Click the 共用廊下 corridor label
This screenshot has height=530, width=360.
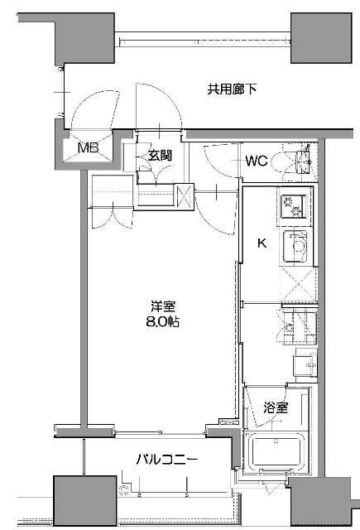click(x=232, y=89)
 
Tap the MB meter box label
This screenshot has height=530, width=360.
click(x=89, y=147)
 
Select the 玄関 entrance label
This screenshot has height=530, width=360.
click(x=161, y=155)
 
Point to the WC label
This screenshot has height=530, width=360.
click(x=257, y=161)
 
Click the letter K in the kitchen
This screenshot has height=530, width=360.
click(x=262, y=243)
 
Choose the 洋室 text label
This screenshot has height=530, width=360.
click(x=163, y=307)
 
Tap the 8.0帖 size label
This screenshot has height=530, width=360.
click(x=162, y=321)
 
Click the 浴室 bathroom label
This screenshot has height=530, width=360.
click(x=276, y=407)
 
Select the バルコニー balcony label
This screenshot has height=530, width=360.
click(x=166, y=460)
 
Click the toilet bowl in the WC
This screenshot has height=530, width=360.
click(x=285, y=161)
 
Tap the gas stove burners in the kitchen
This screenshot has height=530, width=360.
click(x=292, y=206)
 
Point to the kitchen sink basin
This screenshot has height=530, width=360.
click(x=295, y=246)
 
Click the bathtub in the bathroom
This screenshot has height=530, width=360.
click(x=276, y=451)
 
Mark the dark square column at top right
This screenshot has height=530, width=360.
click(x=321, y=38)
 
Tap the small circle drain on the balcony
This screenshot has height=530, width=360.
click(x=124, y=490)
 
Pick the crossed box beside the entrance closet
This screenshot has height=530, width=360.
click(x=184, y=196)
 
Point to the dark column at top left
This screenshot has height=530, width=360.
click(x=84, y=38)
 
